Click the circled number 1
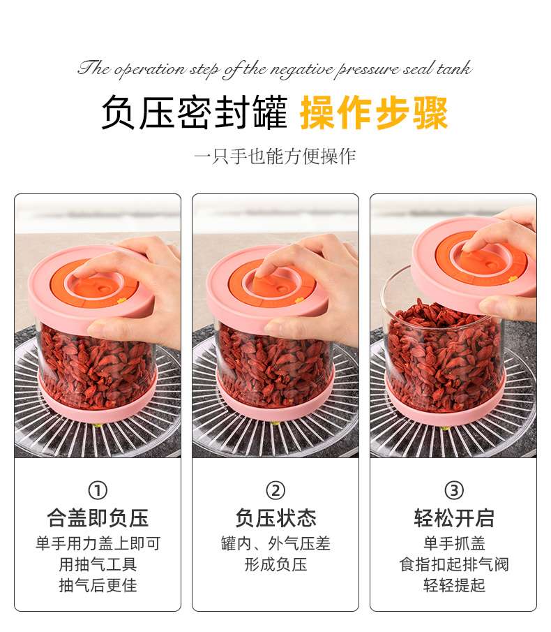tap(98, 490)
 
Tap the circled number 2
tap(275, 490)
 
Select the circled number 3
tap(454, 490)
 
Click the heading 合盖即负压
tap(98, 518)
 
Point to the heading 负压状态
tap(275, 518)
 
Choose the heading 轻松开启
tap(454, 518)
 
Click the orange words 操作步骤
tap(374, 112)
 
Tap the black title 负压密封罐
tap(195, 112)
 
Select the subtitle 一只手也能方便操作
tap(275, 156)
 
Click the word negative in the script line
tap(302, 70)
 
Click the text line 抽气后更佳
tap(98, 585)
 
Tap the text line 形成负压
tap(275, 564)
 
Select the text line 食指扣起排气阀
tap(454, 564)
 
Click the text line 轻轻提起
tap(454, 585)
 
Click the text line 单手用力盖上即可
tap(98, 543)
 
